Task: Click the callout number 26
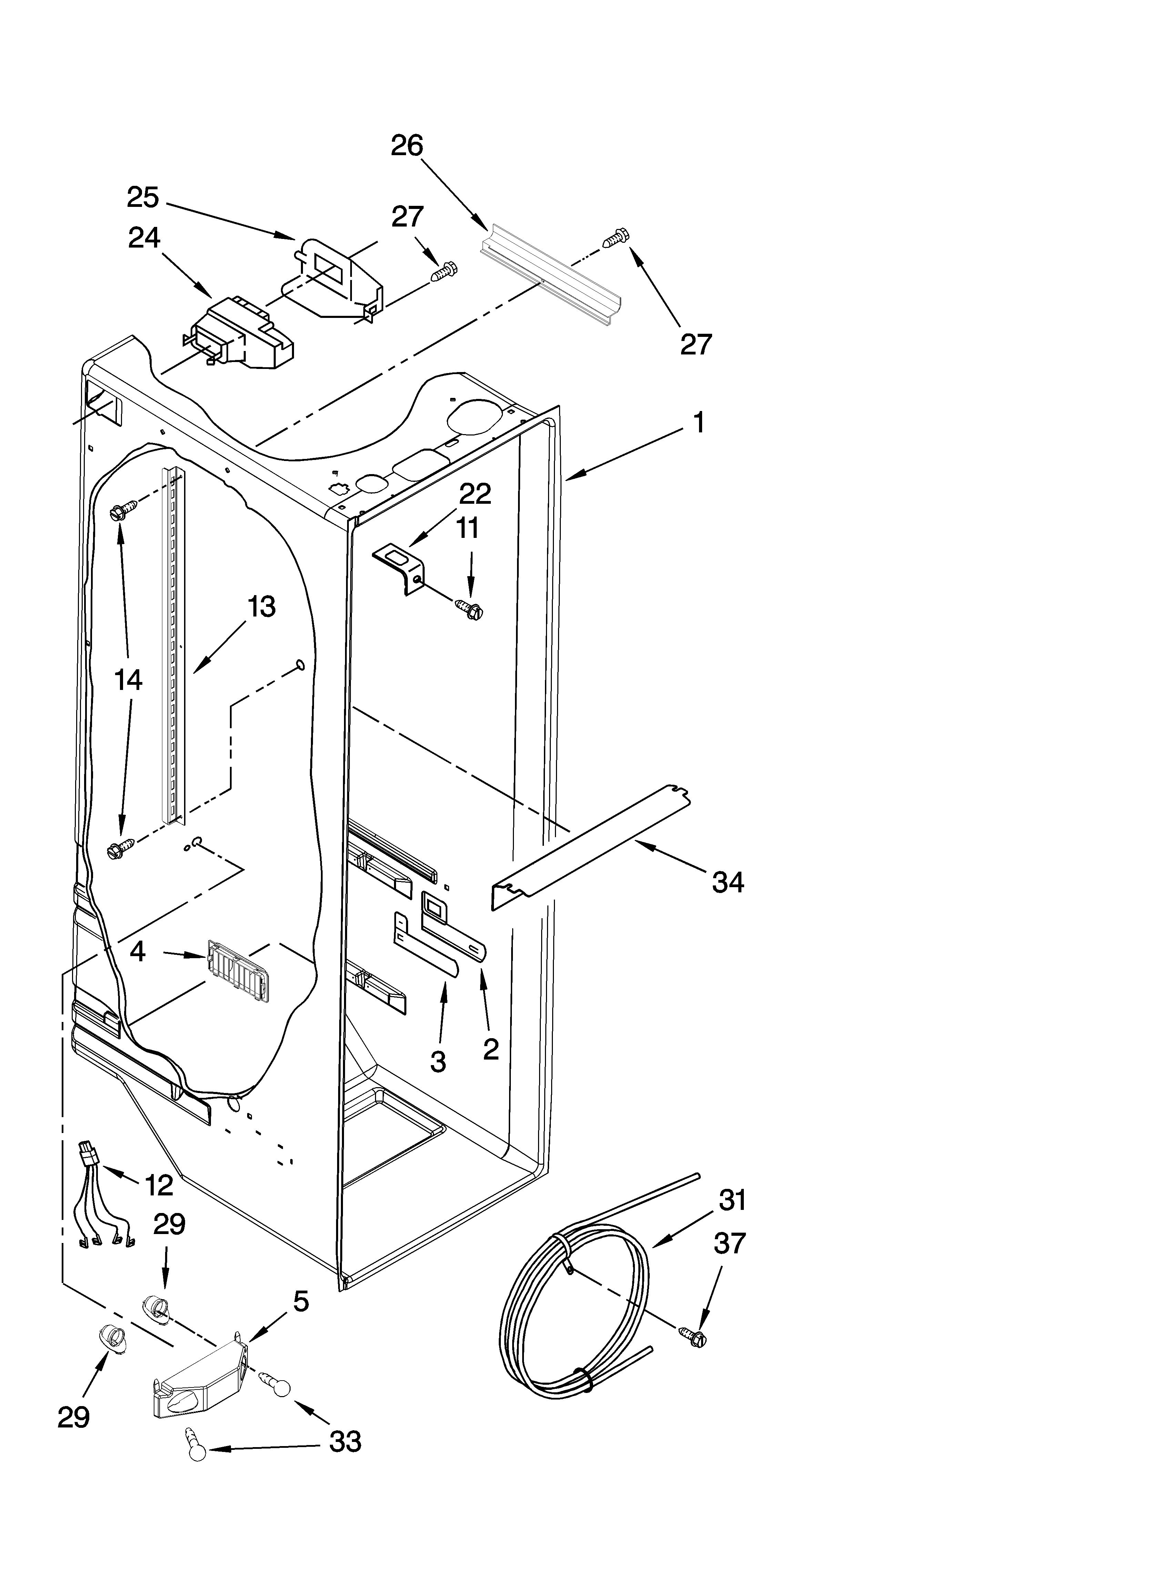[407, 146]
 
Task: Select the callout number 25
[143, 198]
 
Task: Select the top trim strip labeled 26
[552, 278]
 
